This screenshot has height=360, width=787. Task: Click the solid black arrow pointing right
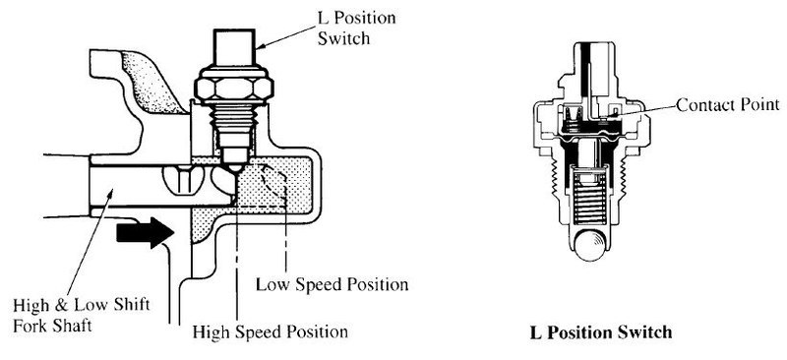tap(145, 232)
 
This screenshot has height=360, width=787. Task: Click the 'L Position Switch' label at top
tap(356, 28)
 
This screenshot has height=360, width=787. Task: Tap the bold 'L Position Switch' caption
tap(601, 332)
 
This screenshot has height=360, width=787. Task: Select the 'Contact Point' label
tap(728, 105)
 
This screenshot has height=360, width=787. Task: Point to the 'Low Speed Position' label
tap(332, 284)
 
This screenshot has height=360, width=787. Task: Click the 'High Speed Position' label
tap(270, 331)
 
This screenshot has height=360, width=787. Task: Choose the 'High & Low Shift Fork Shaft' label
tap(82, 315)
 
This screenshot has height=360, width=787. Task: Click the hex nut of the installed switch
tap(234, 87)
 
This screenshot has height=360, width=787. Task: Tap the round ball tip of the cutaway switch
tap(590, 244)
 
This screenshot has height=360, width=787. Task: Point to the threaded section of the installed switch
tap(233, 123)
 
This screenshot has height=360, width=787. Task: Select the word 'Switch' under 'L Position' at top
tap(343, 37)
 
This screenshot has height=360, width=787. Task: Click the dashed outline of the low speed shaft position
tap(273, 184)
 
